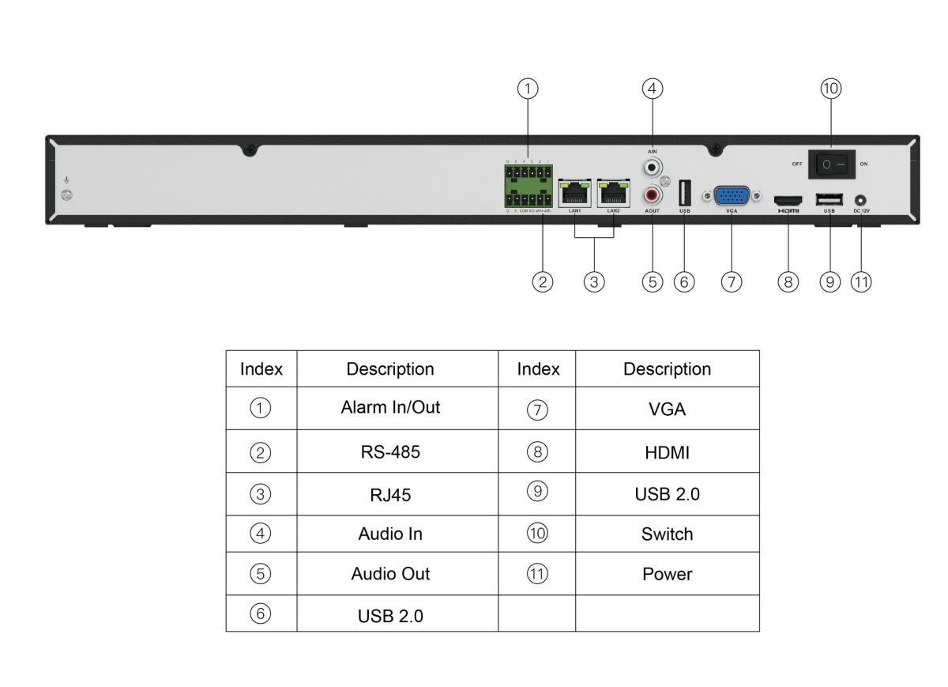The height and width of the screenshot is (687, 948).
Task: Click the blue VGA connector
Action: pos(732,195)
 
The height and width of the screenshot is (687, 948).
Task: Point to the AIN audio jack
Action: pos(653,167)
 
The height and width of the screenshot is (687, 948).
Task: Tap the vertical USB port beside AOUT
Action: pos(685,193)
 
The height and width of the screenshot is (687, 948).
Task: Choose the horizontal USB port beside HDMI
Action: pos(829,199)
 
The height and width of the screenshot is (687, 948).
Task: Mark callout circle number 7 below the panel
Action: pos(732,281)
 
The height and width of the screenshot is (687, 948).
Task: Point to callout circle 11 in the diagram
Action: pos(861,281)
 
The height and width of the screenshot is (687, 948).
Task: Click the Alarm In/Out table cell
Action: pos(390,408)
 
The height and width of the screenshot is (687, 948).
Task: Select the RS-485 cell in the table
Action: pos(390,452)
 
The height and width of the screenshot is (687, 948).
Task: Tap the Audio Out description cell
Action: pos(390,574)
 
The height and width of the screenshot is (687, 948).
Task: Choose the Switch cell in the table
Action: pos(667,534)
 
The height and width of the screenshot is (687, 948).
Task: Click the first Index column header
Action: pos(261,369)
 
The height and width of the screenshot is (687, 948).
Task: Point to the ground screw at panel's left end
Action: pos(68,195)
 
